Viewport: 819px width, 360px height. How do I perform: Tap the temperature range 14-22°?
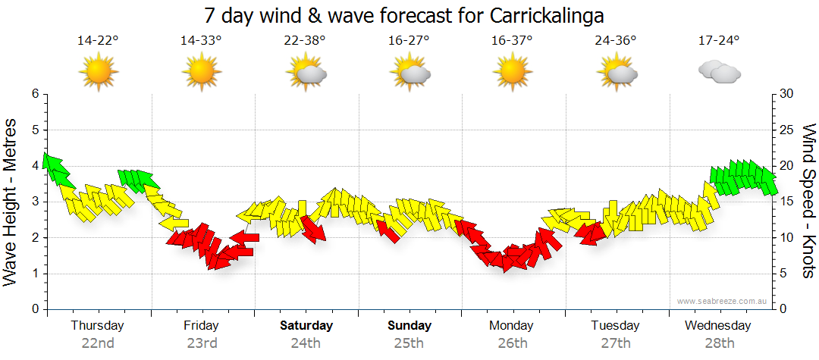99,41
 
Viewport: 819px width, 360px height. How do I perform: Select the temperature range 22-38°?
306,41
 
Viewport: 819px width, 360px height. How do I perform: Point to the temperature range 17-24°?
718,41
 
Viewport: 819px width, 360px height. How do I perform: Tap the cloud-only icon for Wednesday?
719,72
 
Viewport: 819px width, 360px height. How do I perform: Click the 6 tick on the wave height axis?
34,94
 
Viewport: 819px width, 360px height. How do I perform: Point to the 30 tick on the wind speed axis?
787,94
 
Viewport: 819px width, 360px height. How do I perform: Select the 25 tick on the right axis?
787,130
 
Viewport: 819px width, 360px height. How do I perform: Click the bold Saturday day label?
306,326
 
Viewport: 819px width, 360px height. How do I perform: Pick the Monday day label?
512,326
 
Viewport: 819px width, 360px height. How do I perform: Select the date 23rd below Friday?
202,343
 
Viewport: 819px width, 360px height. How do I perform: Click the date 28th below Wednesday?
719,343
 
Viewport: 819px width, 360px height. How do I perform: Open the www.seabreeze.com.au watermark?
723,301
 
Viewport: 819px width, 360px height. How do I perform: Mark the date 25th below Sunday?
409,343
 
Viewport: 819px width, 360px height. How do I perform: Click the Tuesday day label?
616,326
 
